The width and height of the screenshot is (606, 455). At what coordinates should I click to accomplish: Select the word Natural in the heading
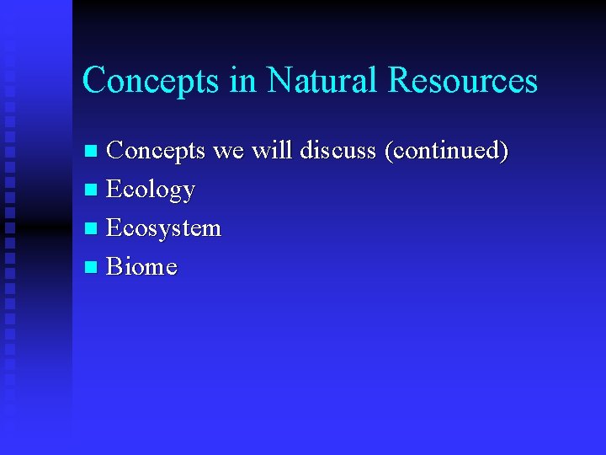pos(322,81)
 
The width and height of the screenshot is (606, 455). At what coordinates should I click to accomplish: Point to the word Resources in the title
pos(462,81)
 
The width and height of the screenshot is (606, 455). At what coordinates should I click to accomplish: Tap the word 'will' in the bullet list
pos(273,151)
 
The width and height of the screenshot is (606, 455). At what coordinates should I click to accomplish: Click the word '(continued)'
pos(446,151)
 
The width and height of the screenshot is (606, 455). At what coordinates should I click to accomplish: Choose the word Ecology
pos(151,190)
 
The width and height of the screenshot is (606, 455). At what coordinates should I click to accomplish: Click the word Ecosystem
pos(163,228)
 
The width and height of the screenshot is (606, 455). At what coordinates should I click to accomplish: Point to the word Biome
pos(141,267)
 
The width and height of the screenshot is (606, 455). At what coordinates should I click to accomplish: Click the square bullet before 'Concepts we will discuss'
pos(92,153)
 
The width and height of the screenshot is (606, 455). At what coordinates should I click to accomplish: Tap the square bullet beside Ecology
pos(92,191)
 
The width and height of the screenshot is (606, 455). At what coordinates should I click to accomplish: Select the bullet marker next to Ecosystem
pos(92,230)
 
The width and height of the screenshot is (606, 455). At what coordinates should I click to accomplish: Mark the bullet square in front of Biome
pos(92,269)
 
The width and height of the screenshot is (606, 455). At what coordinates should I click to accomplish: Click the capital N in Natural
pos(279,81)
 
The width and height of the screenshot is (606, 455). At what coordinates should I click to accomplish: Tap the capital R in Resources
pos(399,81)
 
